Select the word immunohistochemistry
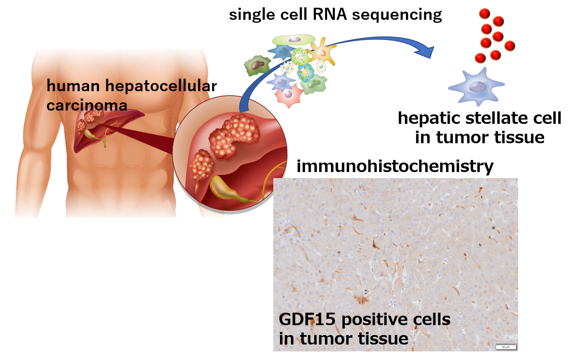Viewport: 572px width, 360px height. point(395,166)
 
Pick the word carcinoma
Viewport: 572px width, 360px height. point(87,105)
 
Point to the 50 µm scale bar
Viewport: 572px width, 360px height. point(505,346)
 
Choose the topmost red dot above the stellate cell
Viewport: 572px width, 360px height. point(485,14)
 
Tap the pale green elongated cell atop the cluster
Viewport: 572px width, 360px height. point(294,40)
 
